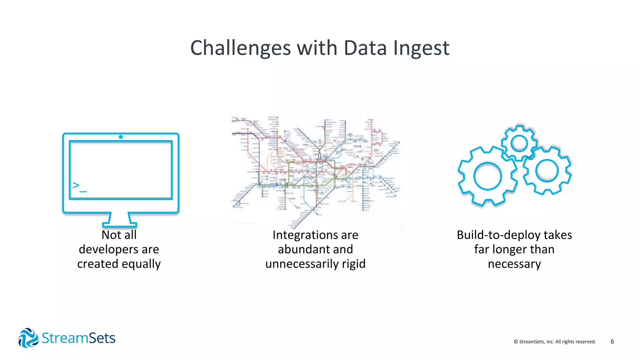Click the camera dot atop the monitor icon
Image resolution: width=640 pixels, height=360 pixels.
pyautogui.click(x=121, y=137)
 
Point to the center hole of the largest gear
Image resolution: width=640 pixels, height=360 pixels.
pyautogui.click(x=487, y=176)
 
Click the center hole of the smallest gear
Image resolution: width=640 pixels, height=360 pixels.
pyautogui.click(x=519, y=144)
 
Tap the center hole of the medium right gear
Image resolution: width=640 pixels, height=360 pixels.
pyautogui.click(x=547, y=171)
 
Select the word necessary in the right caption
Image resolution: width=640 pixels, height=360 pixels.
pyautogui.click(x=514, y=264)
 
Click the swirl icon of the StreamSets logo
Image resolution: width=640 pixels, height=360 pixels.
pyautogui.click(x=28, y=338)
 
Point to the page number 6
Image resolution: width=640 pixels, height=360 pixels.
pyautogui.click(x=612, y=342)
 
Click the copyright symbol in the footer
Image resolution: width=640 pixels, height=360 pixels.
pyautogui.click(x=516, y=342)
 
